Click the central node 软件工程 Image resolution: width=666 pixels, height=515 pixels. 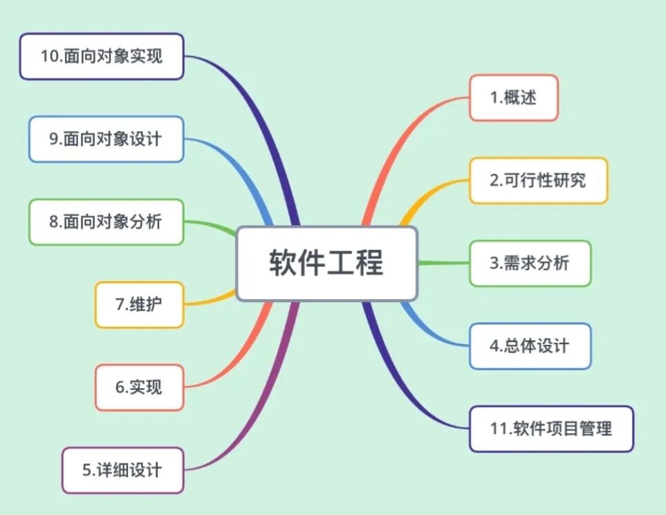pos(326,263)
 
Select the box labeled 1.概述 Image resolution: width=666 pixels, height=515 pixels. pos(513,98)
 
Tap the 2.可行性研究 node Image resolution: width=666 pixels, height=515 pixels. pos(538,180)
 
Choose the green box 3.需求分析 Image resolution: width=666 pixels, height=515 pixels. pos(530,263)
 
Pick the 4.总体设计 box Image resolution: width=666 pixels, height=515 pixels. pos(530,345)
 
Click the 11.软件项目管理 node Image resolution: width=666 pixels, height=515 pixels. pos(551,428)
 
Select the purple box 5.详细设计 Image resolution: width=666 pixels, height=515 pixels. pos(122,470)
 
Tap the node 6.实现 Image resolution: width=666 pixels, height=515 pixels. pos(139,387)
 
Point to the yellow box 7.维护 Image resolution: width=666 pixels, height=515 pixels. pos(139,304)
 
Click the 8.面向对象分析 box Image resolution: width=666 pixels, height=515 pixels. pos(106,222)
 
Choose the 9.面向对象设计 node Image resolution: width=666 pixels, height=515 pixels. pos(106,138)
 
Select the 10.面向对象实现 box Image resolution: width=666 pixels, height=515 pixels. pos(101,56)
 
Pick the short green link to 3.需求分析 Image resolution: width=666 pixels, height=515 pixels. pos(443,263)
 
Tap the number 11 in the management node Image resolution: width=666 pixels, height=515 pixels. pos(499,428)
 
